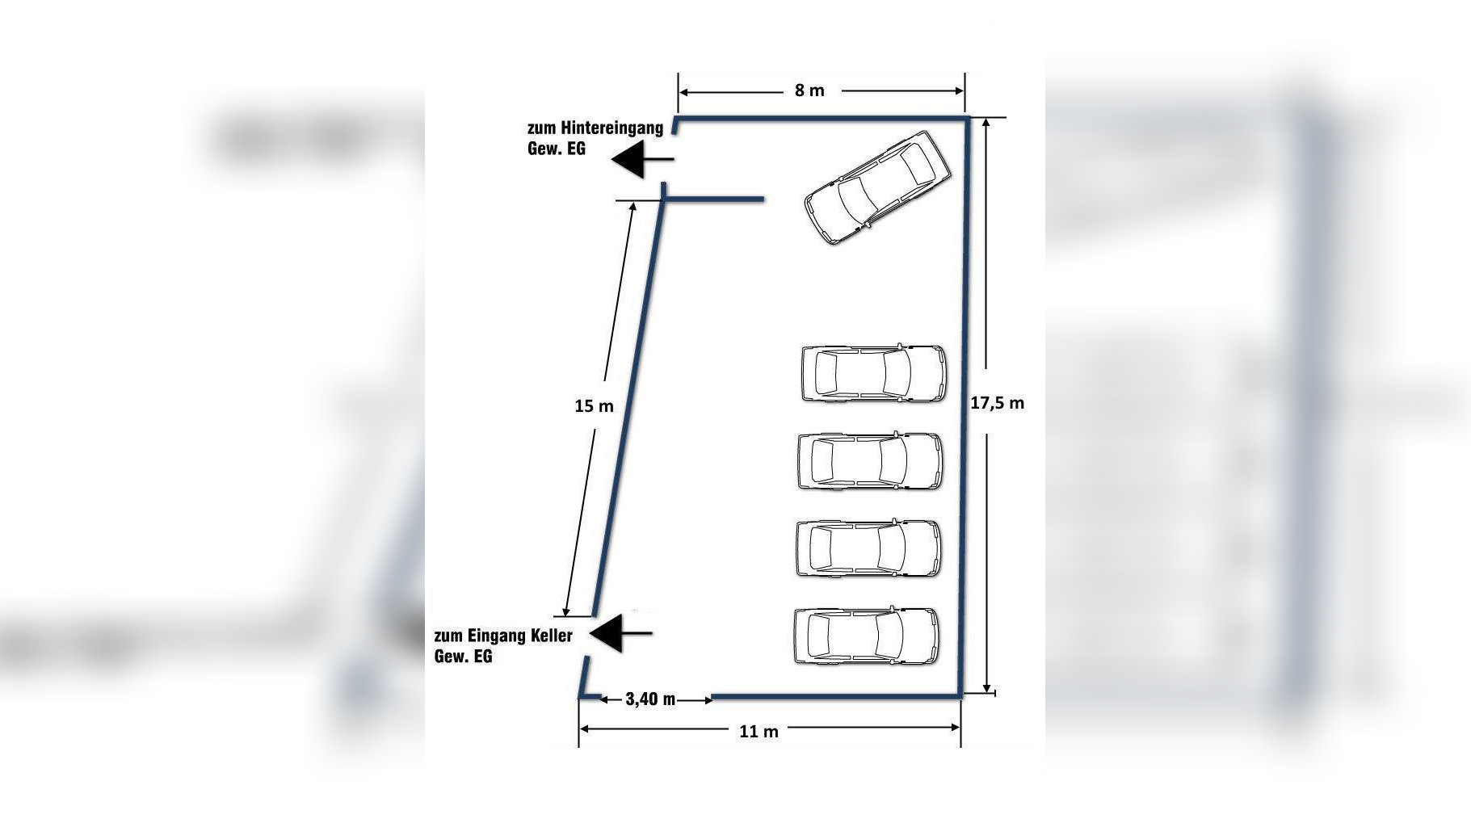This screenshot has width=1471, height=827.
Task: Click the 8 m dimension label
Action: click(809, 90)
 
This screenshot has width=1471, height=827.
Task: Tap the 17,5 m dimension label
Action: click(998, 402)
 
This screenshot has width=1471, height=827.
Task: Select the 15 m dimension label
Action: click(594, 406)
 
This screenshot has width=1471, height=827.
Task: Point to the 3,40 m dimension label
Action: click(650, 699)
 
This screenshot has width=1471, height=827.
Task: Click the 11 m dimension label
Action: click(759, 732)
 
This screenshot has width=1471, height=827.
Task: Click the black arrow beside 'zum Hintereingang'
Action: click(642, 159)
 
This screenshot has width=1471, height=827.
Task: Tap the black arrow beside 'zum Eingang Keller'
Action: click(621, 633)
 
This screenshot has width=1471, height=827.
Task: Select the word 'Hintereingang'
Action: click(612, 128)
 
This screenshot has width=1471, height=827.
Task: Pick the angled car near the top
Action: click(877, 188)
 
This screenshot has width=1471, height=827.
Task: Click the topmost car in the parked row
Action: click(873, 373)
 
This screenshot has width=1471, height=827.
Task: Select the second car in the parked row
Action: click(870, 461)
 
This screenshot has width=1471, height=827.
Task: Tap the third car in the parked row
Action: click(868, 548)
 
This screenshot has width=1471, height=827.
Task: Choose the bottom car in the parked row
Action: click(867, 636)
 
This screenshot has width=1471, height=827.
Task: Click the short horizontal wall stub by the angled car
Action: click(713, 199)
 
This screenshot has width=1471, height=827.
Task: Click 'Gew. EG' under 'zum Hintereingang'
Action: click(557, 149)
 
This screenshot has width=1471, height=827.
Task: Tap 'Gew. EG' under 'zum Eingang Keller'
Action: click(463, 657)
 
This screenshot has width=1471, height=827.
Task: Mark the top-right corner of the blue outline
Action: click(967, 119)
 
